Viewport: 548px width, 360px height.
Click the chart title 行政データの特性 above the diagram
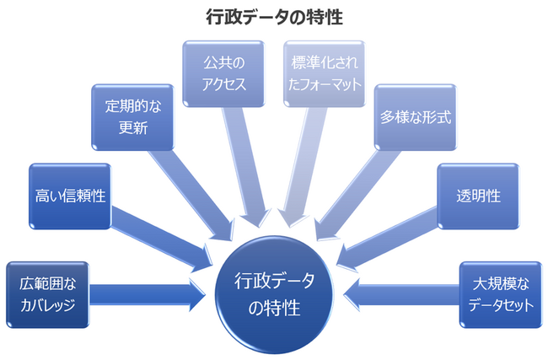pos(274,16)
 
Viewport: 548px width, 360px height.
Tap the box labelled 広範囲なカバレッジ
pos(47,294)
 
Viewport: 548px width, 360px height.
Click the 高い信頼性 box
pos(70,196)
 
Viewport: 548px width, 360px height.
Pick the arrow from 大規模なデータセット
pos(400,294)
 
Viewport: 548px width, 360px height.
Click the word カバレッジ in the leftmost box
pos(48,305)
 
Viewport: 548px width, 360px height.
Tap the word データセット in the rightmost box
pos(502,305)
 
